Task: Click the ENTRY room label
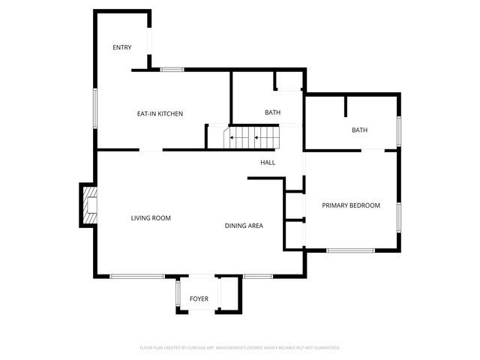click(x=122, y=47)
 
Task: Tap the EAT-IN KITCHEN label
click(x=160, y=114)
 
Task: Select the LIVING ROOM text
click(x=151, y=218)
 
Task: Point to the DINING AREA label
click(x=244, y=225)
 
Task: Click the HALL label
click(x=268, y=163)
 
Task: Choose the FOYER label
click(x=199, y=299)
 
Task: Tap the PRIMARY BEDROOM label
click(x=351, y=205)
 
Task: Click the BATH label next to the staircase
click(x=272, y=112)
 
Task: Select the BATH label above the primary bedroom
click(x=360, y=130)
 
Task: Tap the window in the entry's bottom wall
click(x=172, y=70)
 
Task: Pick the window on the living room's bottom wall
click(x=136, y=276)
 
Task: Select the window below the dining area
click(x=257, y=276)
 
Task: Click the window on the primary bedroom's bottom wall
click(x=351, y=250)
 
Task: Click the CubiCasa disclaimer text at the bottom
click(x=240, y=348)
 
